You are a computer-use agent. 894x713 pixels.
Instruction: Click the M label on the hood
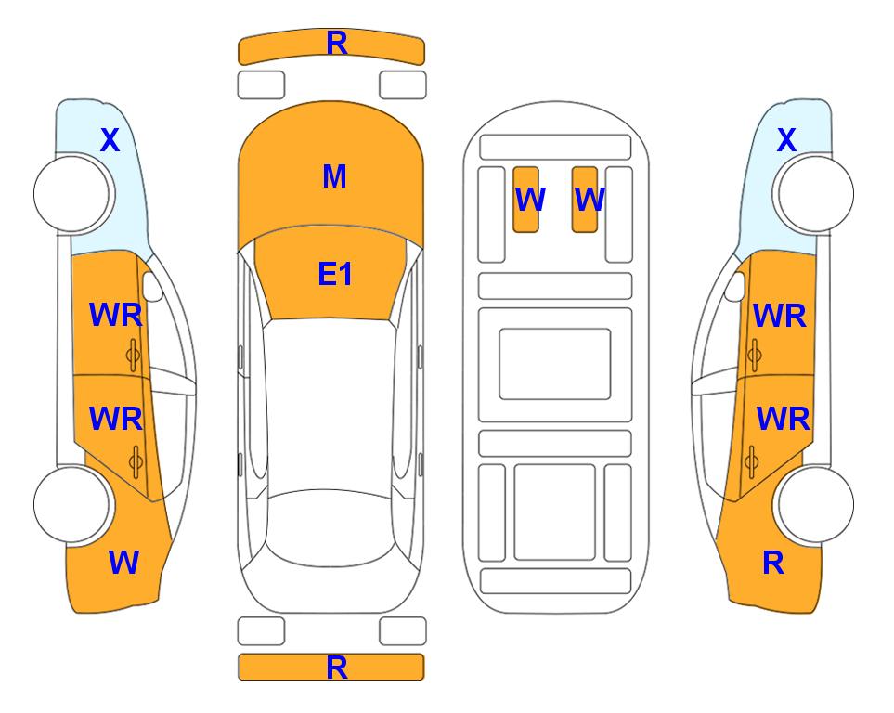334,176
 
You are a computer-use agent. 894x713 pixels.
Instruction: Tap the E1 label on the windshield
335,274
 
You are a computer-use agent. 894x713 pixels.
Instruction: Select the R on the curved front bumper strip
336,44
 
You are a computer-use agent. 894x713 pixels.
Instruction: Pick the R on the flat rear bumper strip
336,668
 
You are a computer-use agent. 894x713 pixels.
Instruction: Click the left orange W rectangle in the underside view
525,200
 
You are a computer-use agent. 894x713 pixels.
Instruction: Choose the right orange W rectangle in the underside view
585,200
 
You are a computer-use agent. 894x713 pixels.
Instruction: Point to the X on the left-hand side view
110,140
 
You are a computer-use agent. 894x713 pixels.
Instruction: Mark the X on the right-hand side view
786,140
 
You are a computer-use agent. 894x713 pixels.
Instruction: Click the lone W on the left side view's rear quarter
123,563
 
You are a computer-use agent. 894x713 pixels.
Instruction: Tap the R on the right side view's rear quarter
773,563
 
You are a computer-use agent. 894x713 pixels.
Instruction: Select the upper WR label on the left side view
116,316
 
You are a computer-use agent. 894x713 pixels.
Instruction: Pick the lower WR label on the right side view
783,420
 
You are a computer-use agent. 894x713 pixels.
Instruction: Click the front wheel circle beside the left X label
71,194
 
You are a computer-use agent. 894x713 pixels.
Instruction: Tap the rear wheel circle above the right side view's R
816,504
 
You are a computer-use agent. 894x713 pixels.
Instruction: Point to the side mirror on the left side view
152,286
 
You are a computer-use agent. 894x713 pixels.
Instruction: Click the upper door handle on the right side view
755,355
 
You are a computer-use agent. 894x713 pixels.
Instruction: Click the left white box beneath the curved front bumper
261,85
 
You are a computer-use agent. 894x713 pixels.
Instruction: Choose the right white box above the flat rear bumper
403,631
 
